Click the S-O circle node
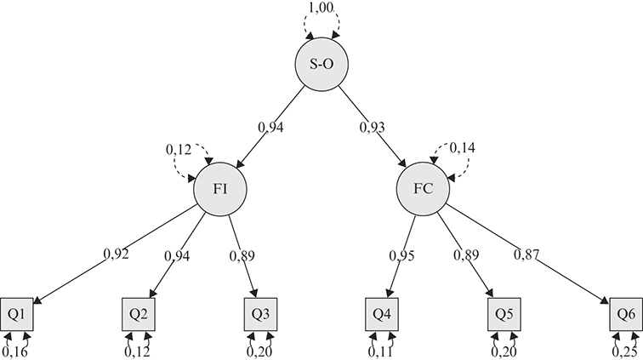[321, 65]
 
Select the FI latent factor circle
[219, 188]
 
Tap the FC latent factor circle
[423, 188]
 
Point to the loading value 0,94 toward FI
[271, 128]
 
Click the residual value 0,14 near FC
[464, 148]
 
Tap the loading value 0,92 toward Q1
[115, 253]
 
